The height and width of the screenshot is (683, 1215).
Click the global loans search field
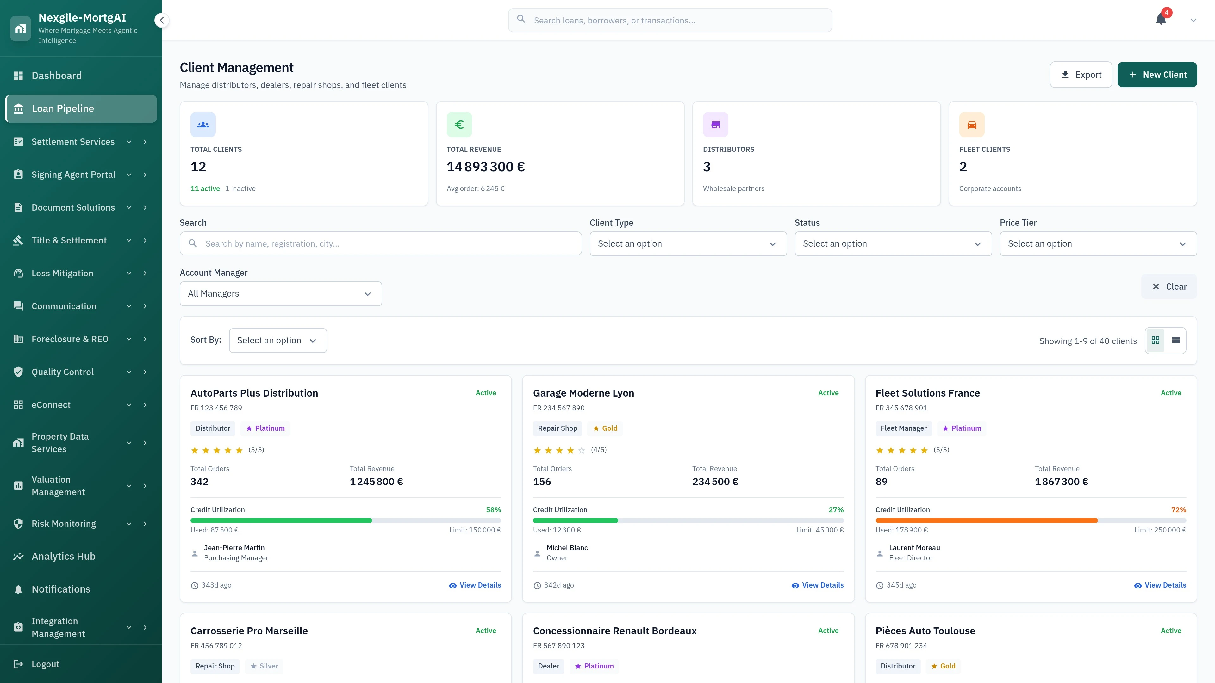(670, 20)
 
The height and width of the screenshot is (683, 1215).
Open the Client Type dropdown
(688, 244)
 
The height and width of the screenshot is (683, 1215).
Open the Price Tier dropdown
(1098, 244)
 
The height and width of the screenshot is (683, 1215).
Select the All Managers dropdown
(281, 294)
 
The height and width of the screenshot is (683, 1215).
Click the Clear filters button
(1169, 286)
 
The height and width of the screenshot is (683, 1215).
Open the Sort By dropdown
(277, 340)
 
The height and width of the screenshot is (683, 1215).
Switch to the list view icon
(1175, 340)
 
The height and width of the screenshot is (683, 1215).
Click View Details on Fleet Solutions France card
(1160, 585)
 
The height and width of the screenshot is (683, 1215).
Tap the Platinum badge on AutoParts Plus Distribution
(265, 428)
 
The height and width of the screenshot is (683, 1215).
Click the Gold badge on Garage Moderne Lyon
(605, 428)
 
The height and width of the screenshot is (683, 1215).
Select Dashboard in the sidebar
(57, 76)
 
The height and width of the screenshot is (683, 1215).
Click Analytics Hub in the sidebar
(63, 556)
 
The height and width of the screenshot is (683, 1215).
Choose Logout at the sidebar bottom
(45, 664)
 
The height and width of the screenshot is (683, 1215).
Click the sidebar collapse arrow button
(162, 20)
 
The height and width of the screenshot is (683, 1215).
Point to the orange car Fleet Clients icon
(972, 125)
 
